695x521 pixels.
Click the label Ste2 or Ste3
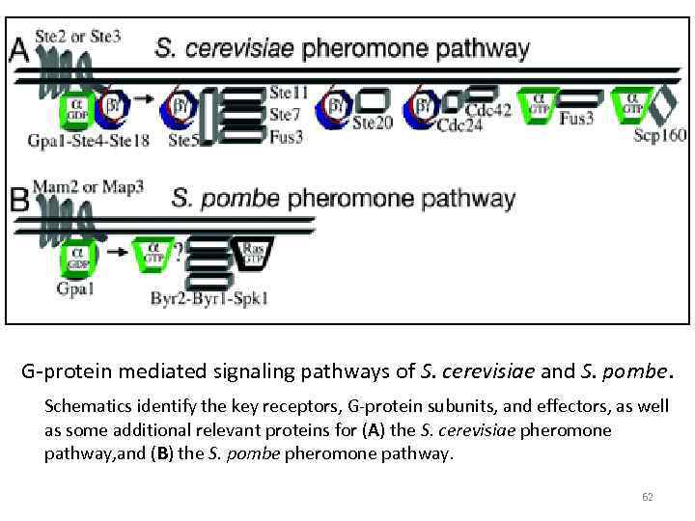click(x=78, y=37)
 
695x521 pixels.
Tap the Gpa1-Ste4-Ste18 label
click(x=89, y=141)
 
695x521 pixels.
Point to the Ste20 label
click(x=373, y=123)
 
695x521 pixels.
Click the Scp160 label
click(x=660, y=136)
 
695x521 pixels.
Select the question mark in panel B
click(x=177, y=253)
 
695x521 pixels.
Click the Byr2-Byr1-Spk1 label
click(x=209, y=298)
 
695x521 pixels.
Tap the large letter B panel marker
click(x=18, y=201)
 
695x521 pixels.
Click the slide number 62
click(x=647, y=498)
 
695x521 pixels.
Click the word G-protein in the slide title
click(x=65, y=370)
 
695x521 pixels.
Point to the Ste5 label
click(x=183, y=141)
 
